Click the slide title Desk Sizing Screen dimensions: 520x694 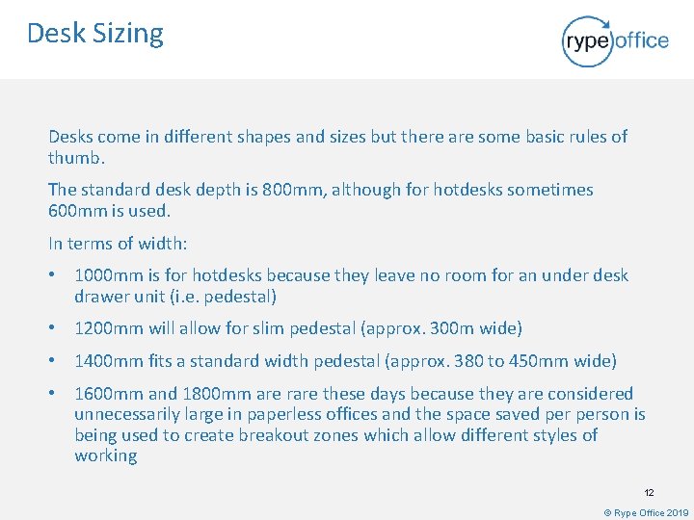coord(95,34)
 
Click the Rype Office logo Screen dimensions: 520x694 coord(615,40)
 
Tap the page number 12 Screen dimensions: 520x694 coord(650,492)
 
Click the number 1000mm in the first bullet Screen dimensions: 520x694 coord(108,275)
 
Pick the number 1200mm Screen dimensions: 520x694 coord(108,328)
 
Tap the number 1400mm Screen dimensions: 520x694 coord(108,361)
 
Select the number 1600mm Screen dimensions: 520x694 coord(108,393)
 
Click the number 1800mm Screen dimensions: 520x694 coord(217,393)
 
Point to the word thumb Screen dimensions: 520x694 coord(73,157)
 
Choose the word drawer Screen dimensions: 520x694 coord(101,297)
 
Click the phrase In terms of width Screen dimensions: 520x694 coord(101,243)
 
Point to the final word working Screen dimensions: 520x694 coord(106,456)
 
